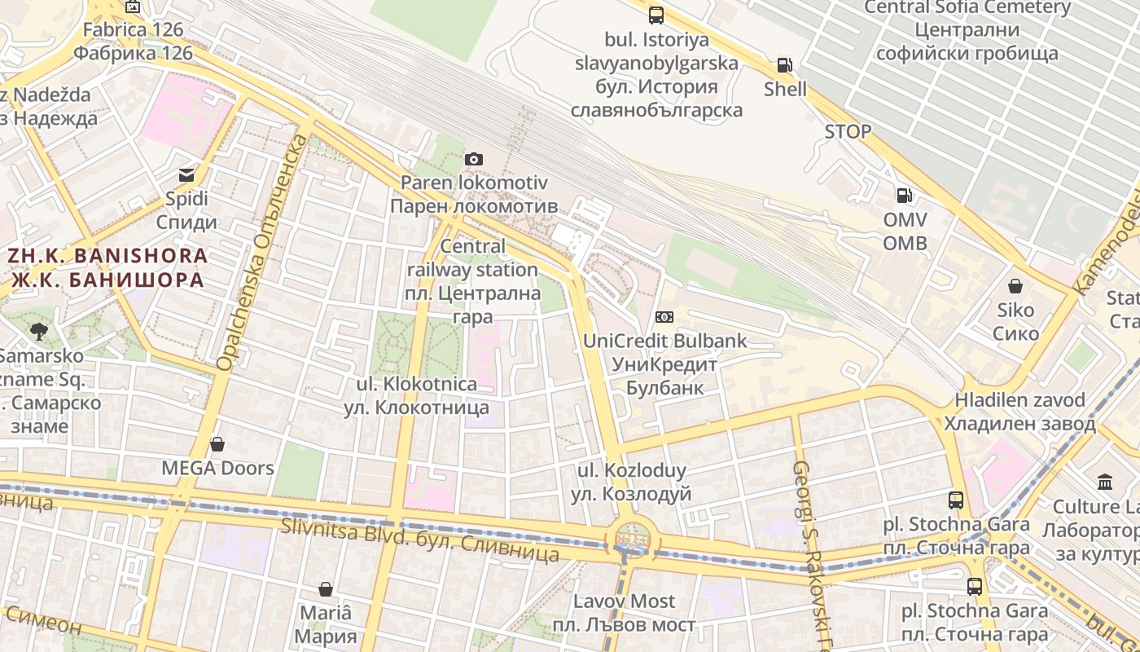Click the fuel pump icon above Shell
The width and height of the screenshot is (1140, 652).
pos(784,65)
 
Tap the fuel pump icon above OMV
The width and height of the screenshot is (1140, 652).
pos(904,196)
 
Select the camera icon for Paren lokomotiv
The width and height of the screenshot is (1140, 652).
pos(474,159)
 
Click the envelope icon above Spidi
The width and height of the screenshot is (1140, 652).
pos(186,174)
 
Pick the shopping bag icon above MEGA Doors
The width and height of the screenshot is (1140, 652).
pos(217,444)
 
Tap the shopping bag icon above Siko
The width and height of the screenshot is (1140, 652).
pos(1015,286)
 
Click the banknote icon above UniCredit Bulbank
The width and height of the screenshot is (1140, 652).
pos(664,317)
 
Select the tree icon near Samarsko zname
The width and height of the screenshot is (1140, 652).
pos(38,331)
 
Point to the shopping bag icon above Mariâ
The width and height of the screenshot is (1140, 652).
pos(326,589)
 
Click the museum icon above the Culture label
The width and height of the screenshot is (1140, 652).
pos(1105,482)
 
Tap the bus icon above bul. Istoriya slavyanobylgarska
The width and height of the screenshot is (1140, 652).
pos(656,15)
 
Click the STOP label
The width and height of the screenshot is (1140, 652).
pos(848,131)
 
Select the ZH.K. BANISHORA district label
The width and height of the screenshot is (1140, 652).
pos(107,267)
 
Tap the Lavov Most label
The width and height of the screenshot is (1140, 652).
pos(625,613)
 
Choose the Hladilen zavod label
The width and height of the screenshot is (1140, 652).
pos(1019,412)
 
